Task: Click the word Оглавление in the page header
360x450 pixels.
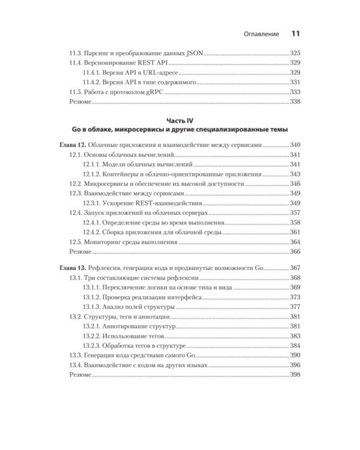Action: point(259,34)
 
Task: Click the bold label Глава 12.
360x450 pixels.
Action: point(73,145)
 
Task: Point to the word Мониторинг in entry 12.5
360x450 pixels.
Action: point(110,242)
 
